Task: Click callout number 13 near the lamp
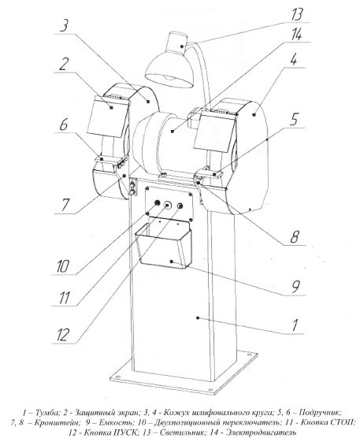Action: [x=297, y=14]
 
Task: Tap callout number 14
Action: [x=296, y=35]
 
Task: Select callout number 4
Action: [x=293, y=59]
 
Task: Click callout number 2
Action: [x=63, y=64]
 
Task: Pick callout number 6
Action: [x=63, y=124]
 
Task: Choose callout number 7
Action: [x=65, y=205]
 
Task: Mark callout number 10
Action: [x=62, y=265]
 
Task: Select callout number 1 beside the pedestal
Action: [x=295, y=325]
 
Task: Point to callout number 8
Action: [x=295, y=236]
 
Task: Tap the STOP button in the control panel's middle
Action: [x=168, y=206]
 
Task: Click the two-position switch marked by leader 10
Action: [x=157, y=202]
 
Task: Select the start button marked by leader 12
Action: [x=180, y=206]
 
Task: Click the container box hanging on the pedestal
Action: [x=163, y=243]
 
